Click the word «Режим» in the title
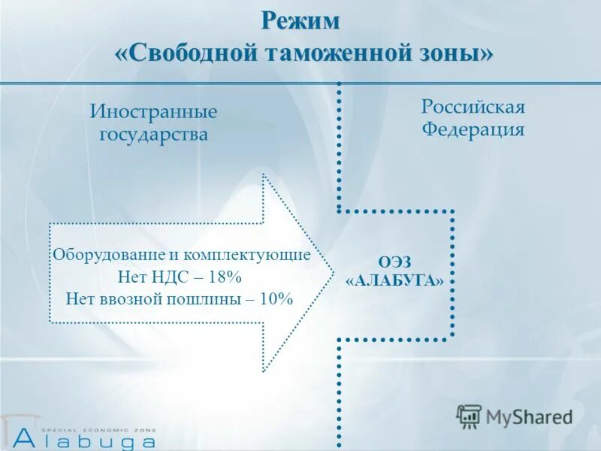tap(300, 21)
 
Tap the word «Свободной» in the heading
tap(190, 54)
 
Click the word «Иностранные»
tap(154, 112)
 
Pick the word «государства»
tap(154, 135)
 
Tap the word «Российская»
tap(473, 106)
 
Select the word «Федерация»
tap(473, 129)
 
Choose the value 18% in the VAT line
tap(223, 276)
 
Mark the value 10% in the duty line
tap(273, 298)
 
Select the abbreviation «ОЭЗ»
tap(394, 261)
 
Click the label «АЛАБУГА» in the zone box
tap(394, 280)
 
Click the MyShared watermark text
tap(529, 416)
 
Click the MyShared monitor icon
tap(469, 416)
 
